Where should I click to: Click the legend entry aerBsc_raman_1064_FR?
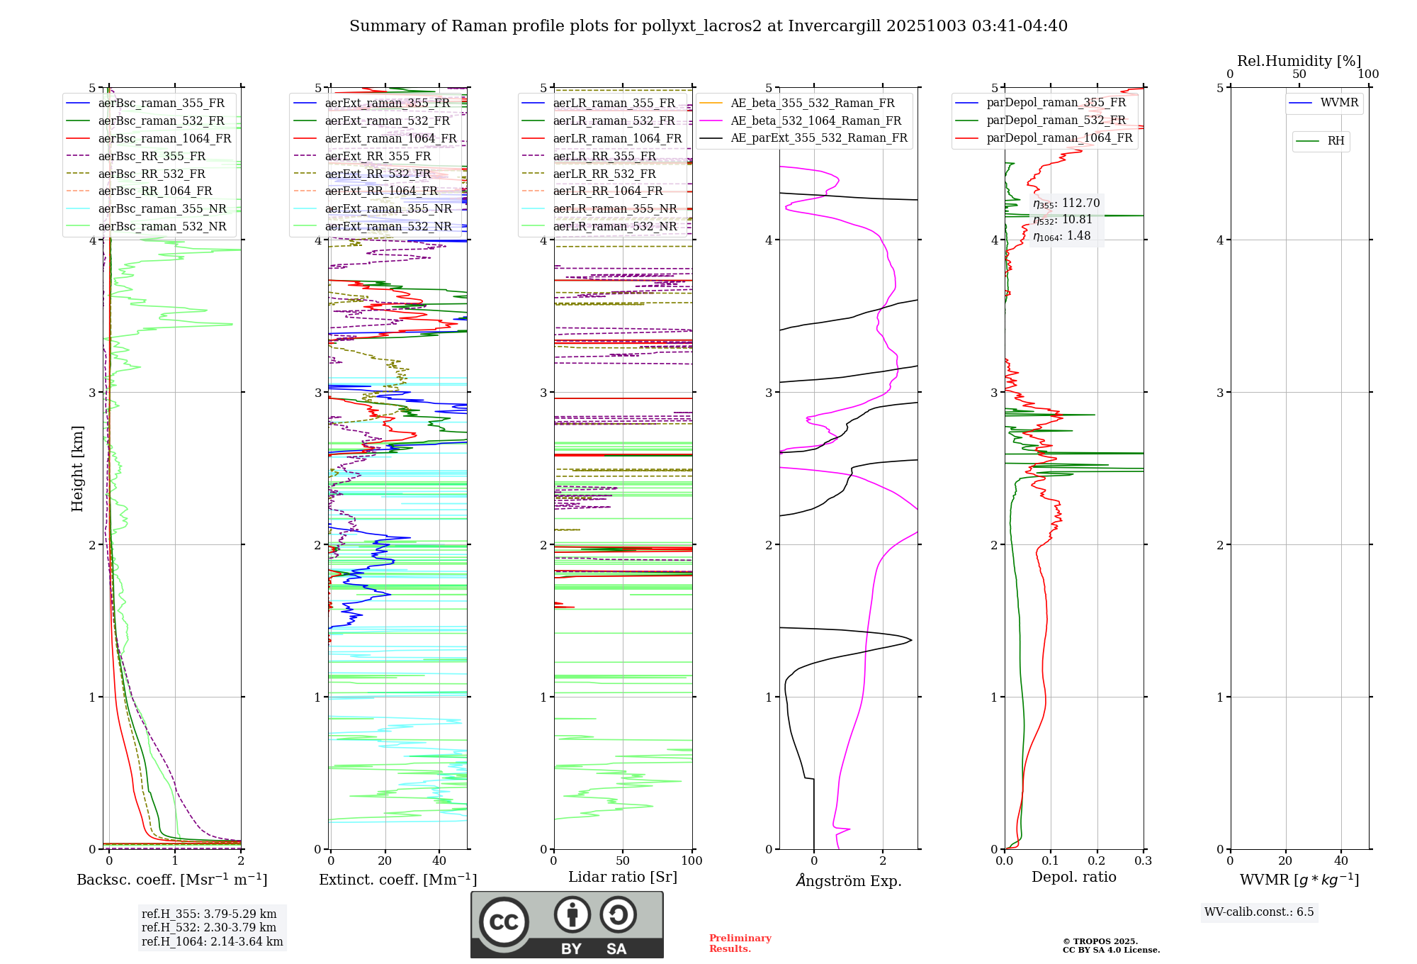pos(164,138)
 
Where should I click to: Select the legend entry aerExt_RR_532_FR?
pos(378,174)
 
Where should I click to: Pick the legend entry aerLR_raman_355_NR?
pos(614,208)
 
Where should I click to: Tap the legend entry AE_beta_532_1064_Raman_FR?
pos(815,120)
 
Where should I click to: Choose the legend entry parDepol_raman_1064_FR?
pos(1059,138)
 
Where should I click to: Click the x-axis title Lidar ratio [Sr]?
pos(623,877)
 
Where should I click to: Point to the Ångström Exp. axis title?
pos(849,880)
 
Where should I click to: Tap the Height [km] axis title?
pos(77,468)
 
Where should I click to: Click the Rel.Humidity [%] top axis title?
pos(1299,61)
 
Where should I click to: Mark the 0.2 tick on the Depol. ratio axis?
pos(1097,861)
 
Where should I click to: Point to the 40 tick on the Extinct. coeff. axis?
pos(439,861)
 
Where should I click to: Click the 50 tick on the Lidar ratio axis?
pos(623,861)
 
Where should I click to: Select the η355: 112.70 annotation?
pos(1066,203)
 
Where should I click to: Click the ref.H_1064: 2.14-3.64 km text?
pos(212,941)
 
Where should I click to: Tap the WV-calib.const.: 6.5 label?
pos(1259,912)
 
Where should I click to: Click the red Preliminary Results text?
pos(740,943)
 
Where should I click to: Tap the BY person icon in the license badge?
pos(572,914)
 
